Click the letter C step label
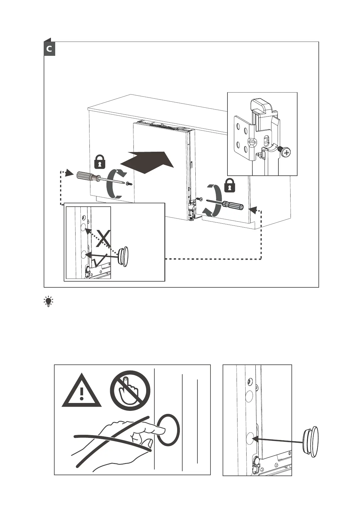[49, 49]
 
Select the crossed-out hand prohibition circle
[130, 391]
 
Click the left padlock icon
[100, 162]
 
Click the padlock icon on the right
[230, 186]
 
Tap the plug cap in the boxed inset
[124, 257]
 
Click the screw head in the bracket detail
[285, 151]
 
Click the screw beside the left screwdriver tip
[130, 184]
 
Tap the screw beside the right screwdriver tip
[200, 199]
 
